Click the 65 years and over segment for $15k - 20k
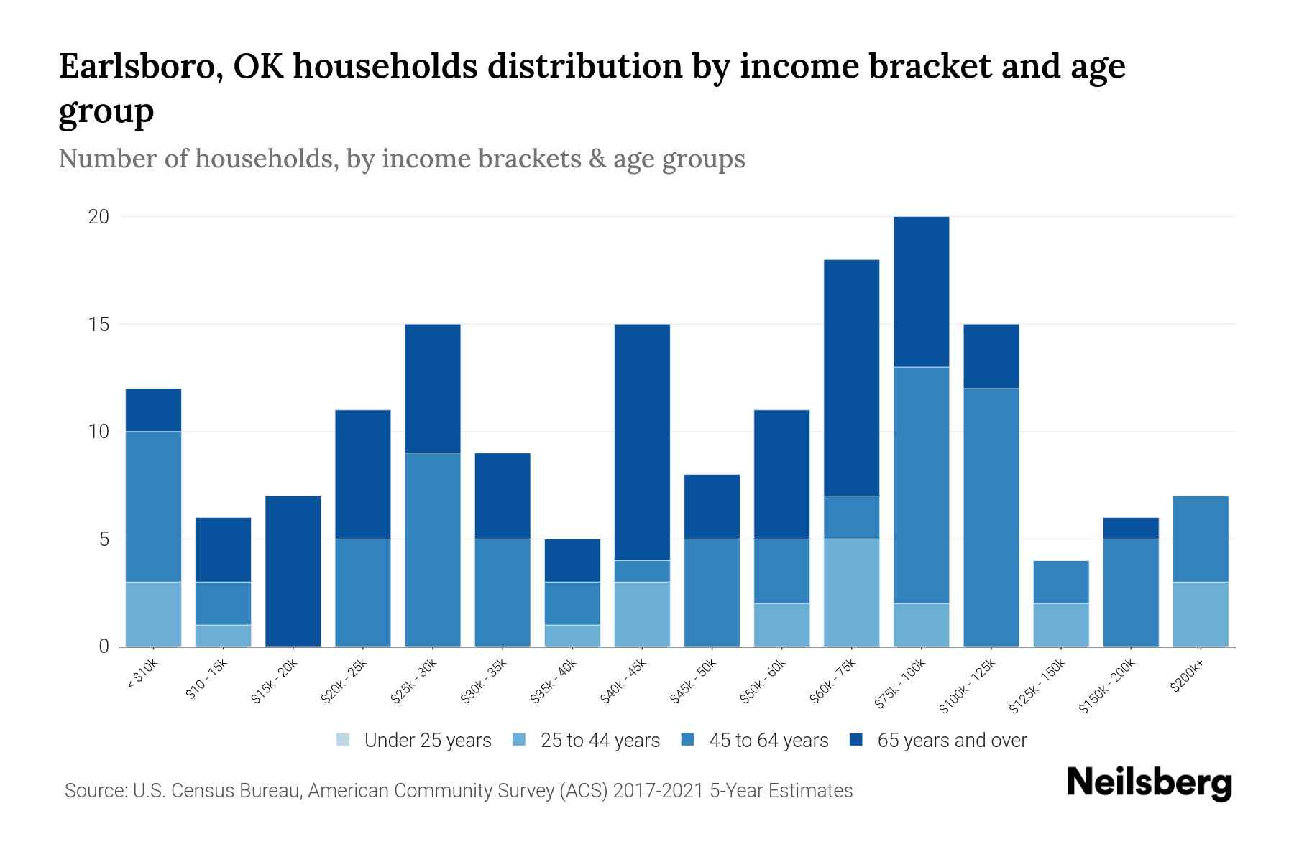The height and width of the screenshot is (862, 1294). click(293, 571)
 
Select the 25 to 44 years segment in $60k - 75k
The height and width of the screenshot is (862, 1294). click(851, 593)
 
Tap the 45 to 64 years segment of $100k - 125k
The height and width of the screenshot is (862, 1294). click(991, 517)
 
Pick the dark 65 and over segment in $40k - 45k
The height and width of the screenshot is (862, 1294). click(642, 442)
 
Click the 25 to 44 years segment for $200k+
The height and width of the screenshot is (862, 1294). click(1200, 614)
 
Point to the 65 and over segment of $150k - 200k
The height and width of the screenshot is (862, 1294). click(1130, 528)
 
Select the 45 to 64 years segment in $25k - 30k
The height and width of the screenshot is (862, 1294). click(432, 550)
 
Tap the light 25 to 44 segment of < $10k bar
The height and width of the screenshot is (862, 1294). click(153, 614)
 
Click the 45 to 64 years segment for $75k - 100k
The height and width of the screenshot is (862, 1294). click(921, 485)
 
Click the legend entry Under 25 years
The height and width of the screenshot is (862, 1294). click(427, 741)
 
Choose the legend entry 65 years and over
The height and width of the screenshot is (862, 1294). click(951, 741)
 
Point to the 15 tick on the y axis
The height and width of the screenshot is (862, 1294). click(99, 325)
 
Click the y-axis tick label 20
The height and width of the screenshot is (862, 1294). click(98, 217)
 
